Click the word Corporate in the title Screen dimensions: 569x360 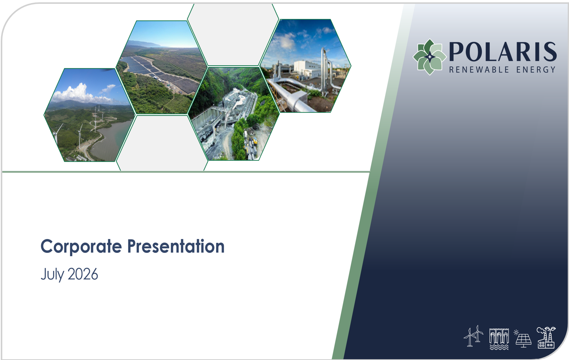81,247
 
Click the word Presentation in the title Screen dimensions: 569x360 176,246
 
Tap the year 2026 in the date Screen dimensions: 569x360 83,274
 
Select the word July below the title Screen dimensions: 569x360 52,275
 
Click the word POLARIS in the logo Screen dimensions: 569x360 503,52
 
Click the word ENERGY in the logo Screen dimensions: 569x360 536,70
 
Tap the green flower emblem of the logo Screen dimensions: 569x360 429,57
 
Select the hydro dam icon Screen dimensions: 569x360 499,339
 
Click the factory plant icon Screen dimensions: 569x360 546,337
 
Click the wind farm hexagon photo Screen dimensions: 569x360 90,115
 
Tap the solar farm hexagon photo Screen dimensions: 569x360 161,67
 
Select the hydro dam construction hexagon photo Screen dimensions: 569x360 234,113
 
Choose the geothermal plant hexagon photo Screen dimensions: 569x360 306,66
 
